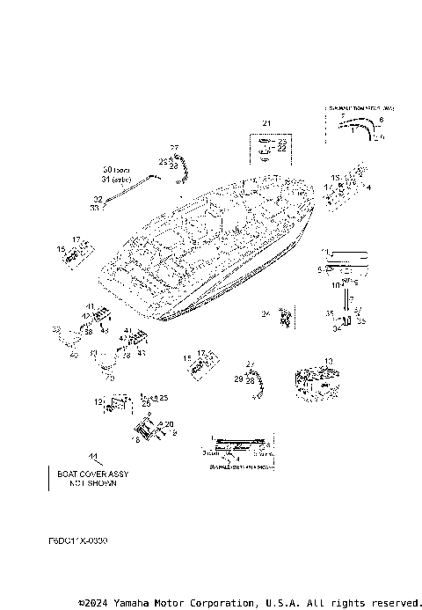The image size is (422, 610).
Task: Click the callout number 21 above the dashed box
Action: pos(266,121)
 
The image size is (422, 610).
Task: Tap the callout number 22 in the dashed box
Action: pos(282,150)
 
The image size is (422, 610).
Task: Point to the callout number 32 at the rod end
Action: pos(98,199)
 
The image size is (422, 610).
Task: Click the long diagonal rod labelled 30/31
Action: pos(132,188)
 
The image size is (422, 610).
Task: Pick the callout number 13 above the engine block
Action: pos(329,362)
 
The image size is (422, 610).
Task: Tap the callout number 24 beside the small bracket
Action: pos(265,314)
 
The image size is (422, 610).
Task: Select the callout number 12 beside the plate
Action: pos(98,402)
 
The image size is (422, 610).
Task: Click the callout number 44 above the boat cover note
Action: pos(93,456)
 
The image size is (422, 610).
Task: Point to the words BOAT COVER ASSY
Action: pos(92,473)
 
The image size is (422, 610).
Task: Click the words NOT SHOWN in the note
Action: pos(92,483)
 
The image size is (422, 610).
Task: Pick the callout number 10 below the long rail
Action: pos(334,285)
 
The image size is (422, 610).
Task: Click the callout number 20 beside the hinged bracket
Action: pos(169,424)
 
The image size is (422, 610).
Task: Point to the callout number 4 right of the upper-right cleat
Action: pos(368,187)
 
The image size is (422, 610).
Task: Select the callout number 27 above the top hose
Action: pos(174,148)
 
